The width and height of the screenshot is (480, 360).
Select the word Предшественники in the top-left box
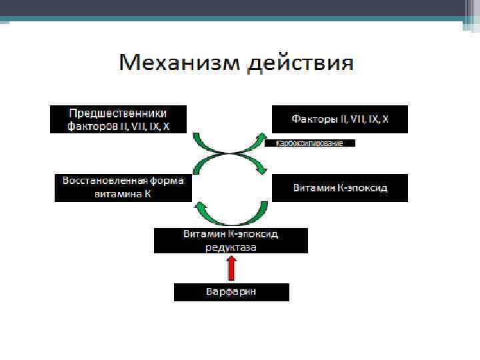click(x=118, y=113)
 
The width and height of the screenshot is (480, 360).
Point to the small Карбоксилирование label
click(x=309, y=143)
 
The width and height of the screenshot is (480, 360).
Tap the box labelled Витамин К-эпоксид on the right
click(x=340, y=188)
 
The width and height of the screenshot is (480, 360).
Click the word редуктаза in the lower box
click(x=231, y=247)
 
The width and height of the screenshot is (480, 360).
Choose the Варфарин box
click(x=231, y=292)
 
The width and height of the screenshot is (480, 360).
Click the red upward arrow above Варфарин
click(x=231, y=268)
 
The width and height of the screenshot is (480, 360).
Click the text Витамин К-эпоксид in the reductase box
click(x=231, y=235)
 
